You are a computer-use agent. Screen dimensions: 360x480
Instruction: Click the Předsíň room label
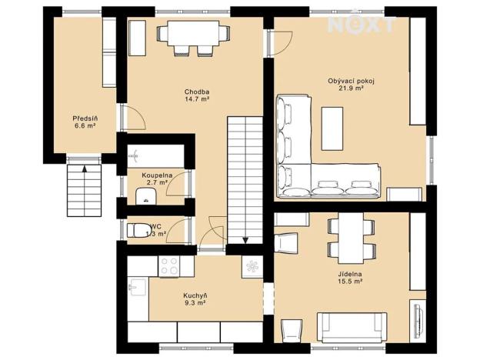[84, 118]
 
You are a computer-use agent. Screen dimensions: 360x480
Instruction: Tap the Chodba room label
[197, 92]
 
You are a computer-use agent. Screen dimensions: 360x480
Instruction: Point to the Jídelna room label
[350, 274]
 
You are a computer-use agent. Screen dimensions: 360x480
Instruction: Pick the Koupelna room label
[155, 175]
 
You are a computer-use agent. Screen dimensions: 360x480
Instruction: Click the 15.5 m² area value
[350, 282]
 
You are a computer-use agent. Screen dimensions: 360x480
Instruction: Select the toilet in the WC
[139, 230]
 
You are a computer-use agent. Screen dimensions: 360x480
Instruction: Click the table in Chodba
[193, 33]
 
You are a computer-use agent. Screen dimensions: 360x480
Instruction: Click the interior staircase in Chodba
[245, 177]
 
